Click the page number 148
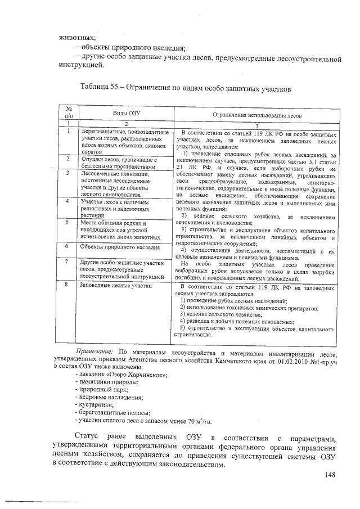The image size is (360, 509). [330, 475]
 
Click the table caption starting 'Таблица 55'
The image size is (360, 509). [186, 88]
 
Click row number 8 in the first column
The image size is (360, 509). [67, 285]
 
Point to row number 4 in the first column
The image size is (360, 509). [67, 201]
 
